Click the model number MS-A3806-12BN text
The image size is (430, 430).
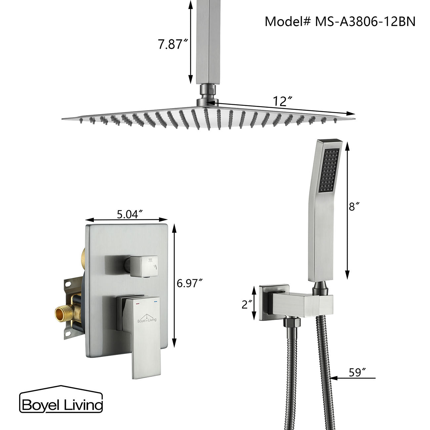coord(340,21)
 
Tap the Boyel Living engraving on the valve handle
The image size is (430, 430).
coord(147,320)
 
